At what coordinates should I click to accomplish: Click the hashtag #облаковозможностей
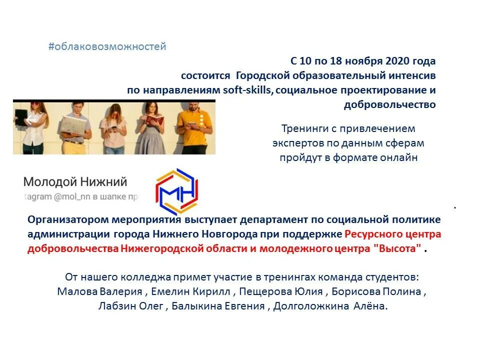click(107, 47)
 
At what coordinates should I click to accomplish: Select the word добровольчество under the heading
click(389, 105)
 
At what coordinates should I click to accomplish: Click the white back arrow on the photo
click(29, 119)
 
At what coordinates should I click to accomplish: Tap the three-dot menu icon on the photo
click(201, 120)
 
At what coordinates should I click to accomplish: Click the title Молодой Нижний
click(75, 182)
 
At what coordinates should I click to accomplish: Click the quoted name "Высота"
click(398, 249)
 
